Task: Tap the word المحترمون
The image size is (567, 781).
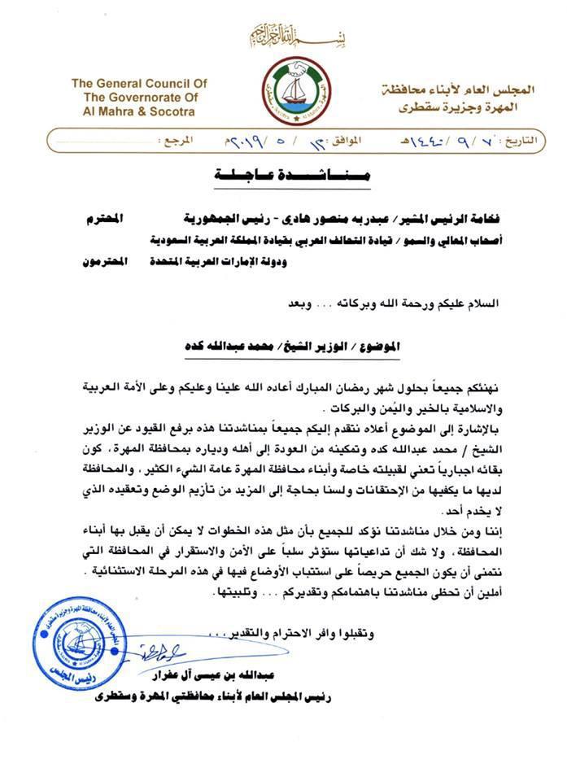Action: pos(106,264)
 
